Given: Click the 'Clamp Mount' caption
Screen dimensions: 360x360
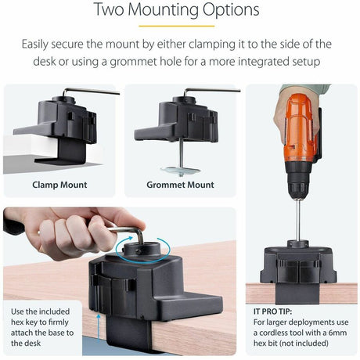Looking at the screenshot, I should click(x=59, y=185).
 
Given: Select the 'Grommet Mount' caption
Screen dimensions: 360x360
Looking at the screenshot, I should click(x=180, y=185).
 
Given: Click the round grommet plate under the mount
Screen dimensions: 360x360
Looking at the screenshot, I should click(x=180, y=169).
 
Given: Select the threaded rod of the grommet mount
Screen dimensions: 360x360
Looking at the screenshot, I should click(x=180, y=152).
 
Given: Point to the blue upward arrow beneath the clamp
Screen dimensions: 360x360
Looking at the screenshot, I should click(x=99, y=329).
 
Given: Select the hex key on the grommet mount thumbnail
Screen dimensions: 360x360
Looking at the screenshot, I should click(x=211, y=91).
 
